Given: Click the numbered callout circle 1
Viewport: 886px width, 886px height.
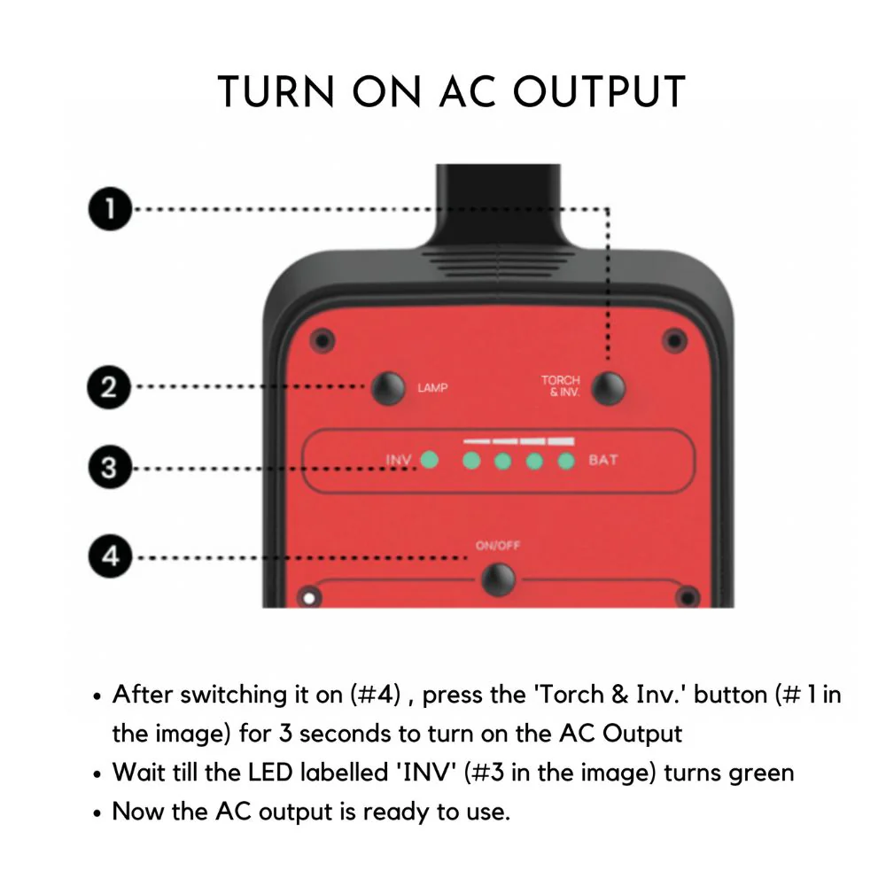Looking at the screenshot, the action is (x=110, y=209).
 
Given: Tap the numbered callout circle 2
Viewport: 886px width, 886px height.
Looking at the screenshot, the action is (x=109, y=387).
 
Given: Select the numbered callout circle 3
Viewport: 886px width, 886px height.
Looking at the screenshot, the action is (x=110, y=468).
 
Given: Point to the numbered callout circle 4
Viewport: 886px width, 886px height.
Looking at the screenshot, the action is (x=110, y=556).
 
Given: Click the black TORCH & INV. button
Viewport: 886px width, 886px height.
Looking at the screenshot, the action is (x=609, y=388).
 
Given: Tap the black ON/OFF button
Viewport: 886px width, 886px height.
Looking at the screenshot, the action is (x=498, y=579).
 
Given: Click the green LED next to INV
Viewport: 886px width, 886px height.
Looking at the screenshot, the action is (x=430, y=459).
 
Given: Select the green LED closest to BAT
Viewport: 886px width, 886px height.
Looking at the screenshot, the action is (x=566, y=461).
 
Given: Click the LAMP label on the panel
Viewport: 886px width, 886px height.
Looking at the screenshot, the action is (x=432, y=388).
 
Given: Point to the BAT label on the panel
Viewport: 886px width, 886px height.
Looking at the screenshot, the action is (x=602, y=460).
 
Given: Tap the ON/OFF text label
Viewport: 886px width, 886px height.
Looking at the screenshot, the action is (x=498, y=546).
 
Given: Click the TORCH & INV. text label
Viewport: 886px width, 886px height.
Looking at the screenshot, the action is (x=561, y=386).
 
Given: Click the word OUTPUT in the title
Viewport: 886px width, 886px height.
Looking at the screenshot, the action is (x=600, y=91).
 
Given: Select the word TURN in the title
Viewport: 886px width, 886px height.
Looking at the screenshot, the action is (x=276, y=91).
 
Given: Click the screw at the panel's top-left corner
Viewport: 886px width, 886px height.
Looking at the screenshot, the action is (x=323, y=341).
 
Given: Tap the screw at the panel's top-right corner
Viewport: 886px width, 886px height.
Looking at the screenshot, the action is (x=674, y=341).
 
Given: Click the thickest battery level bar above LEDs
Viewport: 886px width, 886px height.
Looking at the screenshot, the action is (x=561, y=441).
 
